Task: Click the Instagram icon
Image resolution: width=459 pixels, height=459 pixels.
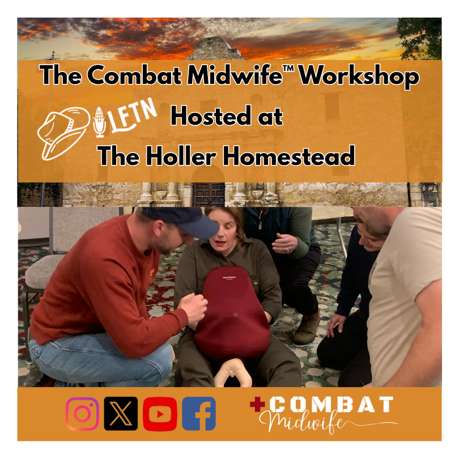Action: click(x=83, y=413)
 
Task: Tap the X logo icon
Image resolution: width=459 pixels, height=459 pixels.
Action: click(x=121, y=413)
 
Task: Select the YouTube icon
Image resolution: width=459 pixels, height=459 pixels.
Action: click(x=160, y=413)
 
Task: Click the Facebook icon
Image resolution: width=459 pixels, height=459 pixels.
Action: click(x=199, y=413)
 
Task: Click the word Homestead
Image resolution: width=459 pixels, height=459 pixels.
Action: click(x=288, y=155)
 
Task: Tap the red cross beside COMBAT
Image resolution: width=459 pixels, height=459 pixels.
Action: click(x=257, y=404)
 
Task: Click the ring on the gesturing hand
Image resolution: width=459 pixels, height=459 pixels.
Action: click(x=287, y=248)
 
